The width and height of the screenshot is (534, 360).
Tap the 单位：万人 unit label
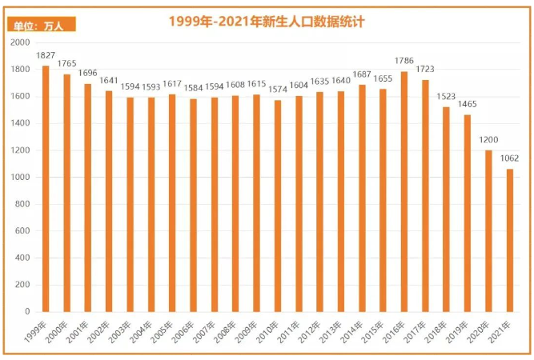pyautogui.click(x=38, y=26)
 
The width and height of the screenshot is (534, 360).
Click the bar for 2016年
pyautogui.click(x=404, y=191)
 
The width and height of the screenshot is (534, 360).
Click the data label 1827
pyautogui.click(x=46, y=55)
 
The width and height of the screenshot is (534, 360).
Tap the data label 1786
pyautogui.click(x=404, y=61)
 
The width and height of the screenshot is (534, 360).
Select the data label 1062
pyautogui.click(x=510, y=158)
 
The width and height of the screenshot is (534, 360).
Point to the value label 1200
pyautogui.click(x=489, y=140)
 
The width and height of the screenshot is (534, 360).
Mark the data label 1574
pyautogui.click(x=278, y=90)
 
